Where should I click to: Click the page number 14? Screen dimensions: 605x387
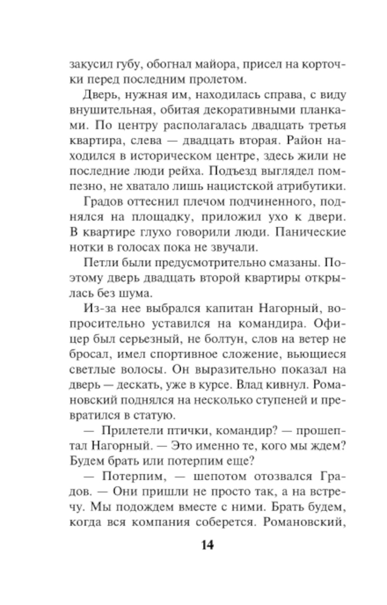(207, 545)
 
